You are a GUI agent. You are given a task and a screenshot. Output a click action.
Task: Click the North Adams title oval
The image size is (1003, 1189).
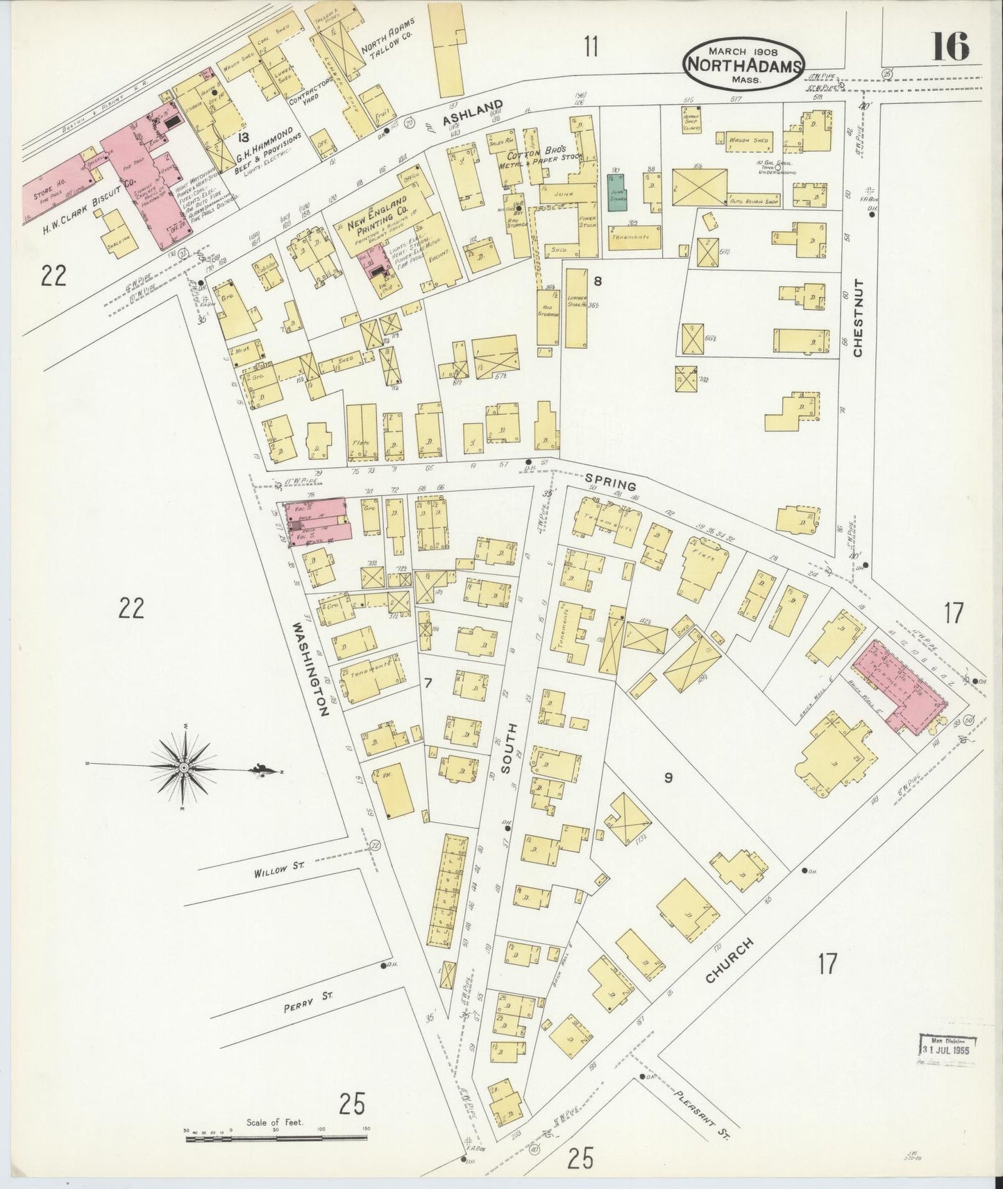coord(743,63)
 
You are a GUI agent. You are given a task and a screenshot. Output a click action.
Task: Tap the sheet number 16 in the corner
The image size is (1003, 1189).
coord(950,49)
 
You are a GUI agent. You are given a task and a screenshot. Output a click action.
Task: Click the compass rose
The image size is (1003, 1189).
coord(183,768)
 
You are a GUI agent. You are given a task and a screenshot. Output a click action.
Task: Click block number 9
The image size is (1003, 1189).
coord(668,778)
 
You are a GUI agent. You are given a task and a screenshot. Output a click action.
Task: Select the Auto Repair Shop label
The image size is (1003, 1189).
coord(753,199)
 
